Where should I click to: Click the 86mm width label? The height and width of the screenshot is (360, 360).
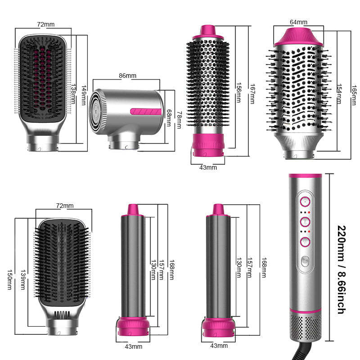click(127, 76)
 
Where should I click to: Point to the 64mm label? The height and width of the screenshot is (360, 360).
click(298, 22)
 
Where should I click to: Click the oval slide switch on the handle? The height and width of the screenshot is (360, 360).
click(305, 261)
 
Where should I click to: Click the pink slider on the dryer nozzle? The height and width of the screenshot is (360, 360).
click(144, 111)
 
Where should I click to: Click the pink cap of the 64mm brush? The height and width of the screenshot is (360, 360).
click(298, 35)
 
